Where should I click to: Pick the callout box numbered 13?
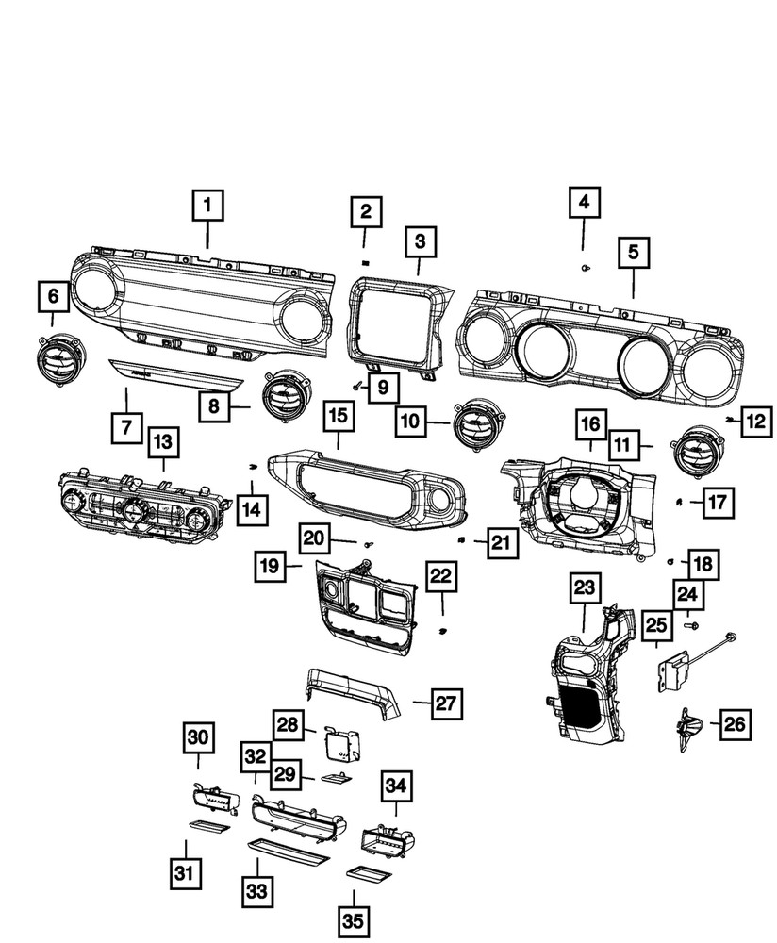pos(163,440)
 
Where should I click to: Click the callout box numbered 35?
pos(354,918)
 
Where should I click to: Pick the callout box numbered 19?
pos(270,567)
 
